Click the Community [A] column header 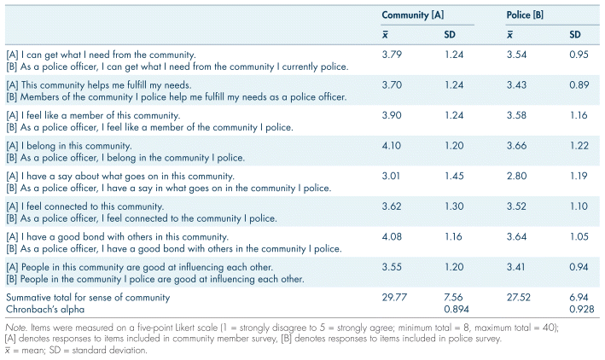(413, 15)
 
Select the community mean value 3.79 (393, 55)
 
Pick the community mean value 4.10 (393, 145)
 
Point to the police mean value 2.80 (516, 176)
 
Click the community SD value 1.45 (454, 176)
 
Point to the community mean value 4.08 (393, 235)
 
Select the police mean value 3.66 (516, 145)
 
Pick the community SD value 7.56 (454, 297)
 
